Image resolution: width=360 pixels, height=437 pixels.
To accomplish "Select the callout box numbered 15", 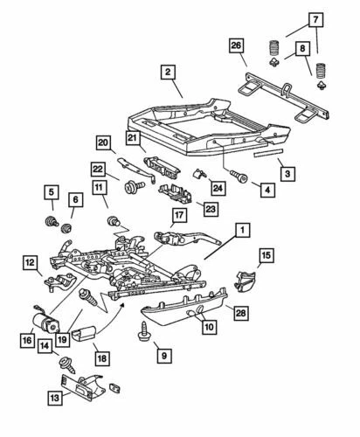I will pos(267,255).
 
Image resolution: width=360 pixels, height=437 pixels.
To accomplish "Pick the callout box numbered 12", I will pos(31,260).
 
